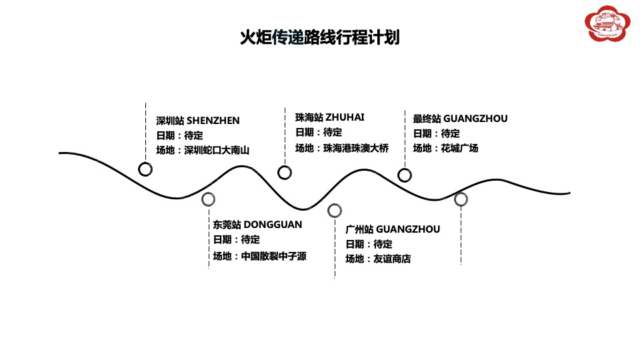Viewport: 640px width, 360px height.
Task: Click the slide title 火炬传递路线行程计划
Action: tap(319, 37)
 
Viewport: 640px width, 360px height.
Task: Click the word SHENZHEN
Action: tap(213, 121)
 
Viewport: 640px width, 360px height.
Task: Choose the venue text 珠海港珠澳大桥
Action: tap(355, 148)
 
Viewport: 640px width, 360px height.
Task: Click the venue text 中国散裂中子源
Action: tap(274, 255)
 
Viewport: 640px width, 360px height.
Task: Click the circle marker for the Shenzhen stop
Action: tap(145, 169)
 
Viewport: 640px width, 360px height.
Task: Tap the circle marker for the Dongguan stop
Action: tap(208, 199)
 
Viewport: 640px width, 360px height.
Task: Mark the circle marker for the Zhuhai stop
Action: tap(284, 173)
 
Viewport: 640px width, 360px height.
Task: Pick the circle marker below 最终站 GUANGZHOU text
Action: tap(404, 175)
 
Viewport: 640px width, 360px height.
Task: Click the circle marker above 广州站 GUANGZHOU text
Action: tap(334, 211)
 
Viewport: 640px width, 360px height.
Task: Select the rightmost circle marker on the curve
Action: tap(461, 199)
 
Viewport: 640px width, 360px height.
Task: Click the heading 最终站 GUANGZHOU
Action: tap(460, 119)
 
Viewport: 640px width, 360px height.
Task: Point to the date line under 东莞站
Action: tap(237, 240)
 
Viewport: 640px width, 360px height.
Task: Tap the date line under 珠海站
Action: tap(319, 133)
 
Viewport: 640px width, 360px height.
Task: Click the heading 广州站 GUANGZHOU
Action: tap(393, 229)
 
